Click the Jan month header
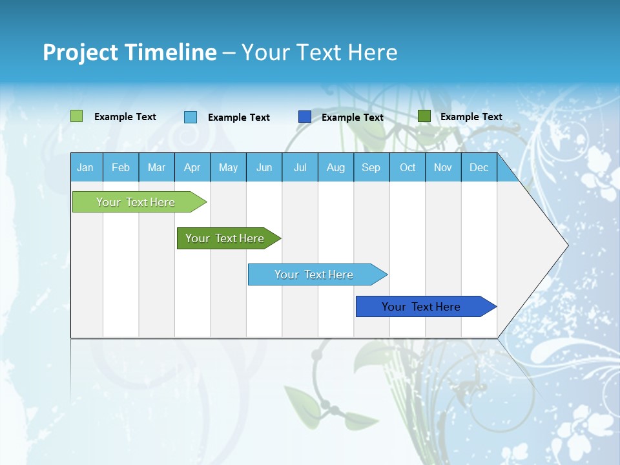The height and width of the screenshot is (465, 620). [85, 167]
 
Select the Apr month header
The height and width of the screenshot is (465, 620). [192, 167]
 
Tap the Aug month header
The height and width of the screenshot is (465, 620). [336, 167]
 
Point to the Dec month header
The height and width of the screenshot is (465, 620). [479, 167]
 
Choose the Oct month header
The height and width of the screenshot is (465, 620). [408, 167]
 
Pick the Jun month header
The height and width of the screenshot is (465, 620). [264, 167]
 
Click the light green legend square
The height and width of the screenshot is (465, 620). [77, 116]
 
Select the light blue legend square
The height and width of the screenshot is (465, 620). [191, 117]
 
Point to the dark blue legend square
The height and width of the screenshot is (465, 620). [305, 117]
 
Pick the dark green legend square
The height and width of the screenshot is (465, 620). [424, 116]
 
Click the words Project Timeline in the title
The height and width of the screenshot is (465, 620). [130, 52]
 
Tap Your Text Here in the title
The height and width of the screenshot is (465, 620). [319, 52]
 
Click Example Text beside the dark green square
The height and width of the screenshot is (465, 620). [471, 117]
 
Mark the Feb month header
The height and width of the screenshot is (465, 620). [121, 167]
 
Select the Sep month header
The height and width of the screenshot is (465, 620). [371, 167]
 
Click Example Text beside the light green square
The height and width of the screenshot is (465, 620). [125, 117]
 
